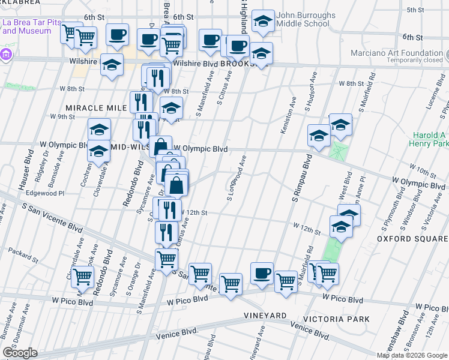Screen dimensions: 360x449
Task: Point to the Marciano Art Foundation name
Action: [393, 52]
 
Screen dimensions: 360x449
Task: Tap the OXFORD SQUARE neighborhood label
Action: [412, 239]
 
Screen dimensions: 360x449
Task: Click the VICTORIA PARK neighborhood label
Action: [336, 319]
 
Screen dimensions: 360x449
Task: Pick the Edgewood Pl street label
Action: [44, 193]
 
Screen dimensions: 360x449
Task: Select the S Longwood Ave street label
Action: [238, 178]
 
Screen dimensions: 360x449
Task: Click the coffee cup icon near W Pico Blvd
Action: [262, 274]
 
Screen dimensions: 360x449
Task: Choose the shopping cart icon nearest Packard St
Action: [82, 277]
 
